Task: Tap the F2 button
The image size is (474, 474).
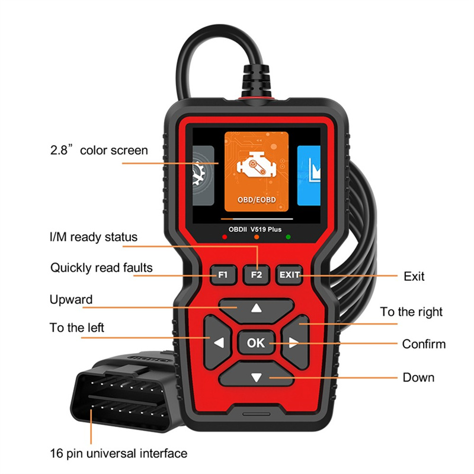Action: point(257,275)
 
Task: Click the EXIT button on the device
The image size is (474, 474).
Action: point(289,275)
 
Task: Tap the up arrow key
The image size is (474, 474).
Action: point(257,310)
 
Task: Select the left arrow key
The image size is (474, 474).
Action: point(217,342)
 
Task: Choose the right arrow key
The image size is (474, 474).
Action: point(295,342)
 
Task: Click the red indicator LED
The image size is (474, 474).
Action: point(225,237)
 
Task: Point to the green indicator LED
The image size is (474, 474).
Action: point(288,237)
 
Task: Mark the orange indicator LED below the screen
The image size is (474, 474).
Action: point(257,237)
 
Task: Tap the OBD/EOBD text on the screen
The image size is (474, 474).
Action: point(257,200)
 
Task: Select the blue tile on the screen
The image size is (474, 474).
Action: point(309,175)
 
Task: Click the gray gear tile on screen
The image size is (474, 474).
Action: point(203,175)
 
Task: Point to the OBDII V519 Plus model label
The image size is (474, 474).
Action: point(255,229)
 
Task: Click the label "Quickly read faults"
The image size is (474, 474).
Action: point(101,268)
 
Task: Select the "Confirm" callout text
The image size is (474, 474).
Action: point(424,344)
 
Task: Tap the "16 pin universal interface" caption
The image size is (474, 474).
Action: point(118,453)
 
